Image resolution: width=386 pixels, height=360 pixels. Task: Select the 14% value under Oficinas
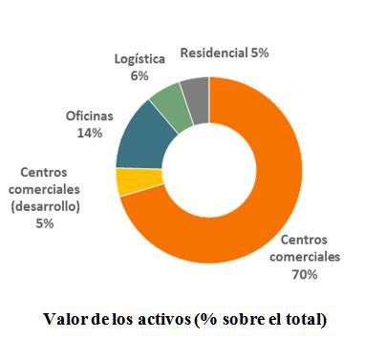[x=89, y=133]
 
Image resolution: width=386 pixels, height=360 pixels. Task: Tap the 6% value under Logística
[x=139, y=75]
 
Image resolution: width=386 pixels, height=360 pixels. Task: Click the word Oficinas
[x=89, y=116]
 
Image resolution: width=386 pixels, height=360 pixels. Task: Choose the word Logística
[x=139, y=59]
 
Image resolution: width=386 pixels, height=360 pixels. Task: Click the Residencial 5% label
[x=225, y=53]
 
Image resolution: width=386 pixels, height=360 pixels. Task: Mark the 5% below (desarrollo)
[x=44, y=223]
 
